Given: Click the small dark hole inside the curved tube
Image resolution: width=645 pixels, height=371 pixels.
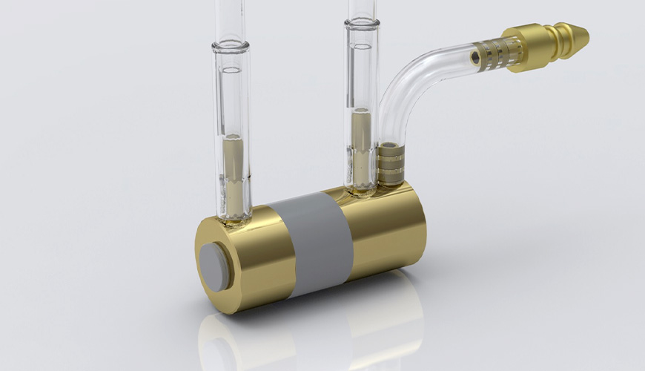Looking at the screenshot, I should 474,56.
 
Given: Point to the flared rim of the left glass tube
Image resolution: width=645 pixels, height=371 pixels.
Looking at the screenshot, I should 231,46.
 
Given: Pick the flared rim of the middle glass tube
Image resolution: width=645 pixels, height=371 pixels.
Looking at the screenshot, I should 362,24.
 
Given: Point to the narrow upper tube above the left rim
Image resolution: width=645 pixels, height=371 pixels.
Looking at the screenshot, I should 230,19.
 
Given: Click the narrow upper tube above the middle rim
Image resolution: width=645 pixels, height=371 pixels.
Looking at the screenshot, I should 362,7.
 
